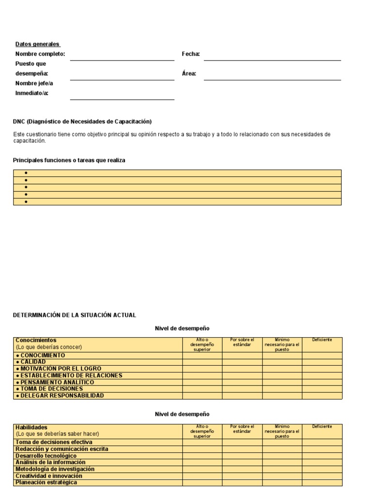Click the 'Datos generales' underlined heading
(x=37, y=44)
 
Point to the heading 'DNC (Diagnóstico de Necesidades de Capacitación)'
(x=82, y=122)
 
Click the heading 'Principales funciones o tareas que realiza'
(x=69, y=160)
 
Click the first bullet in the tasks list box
(x=26, y=173)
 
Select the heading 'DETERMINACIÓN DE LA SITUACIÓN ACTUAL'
(x=74, y=315)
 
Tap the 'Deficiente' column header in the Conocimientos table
(x=322, y=340)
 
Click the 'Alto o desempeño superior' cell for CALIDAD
(x=202, y=362)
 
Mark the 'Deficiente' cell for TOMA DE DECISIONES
(x=322, y=389)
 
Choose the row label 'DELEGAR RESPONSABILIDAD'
(x=60, y=396)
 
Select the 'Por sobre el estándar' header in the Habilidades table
(x=242, y=429)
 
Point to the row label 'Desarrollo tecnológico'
(x=46, y=456)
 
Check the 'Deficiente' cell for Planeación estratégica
(x=322, y=482)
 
